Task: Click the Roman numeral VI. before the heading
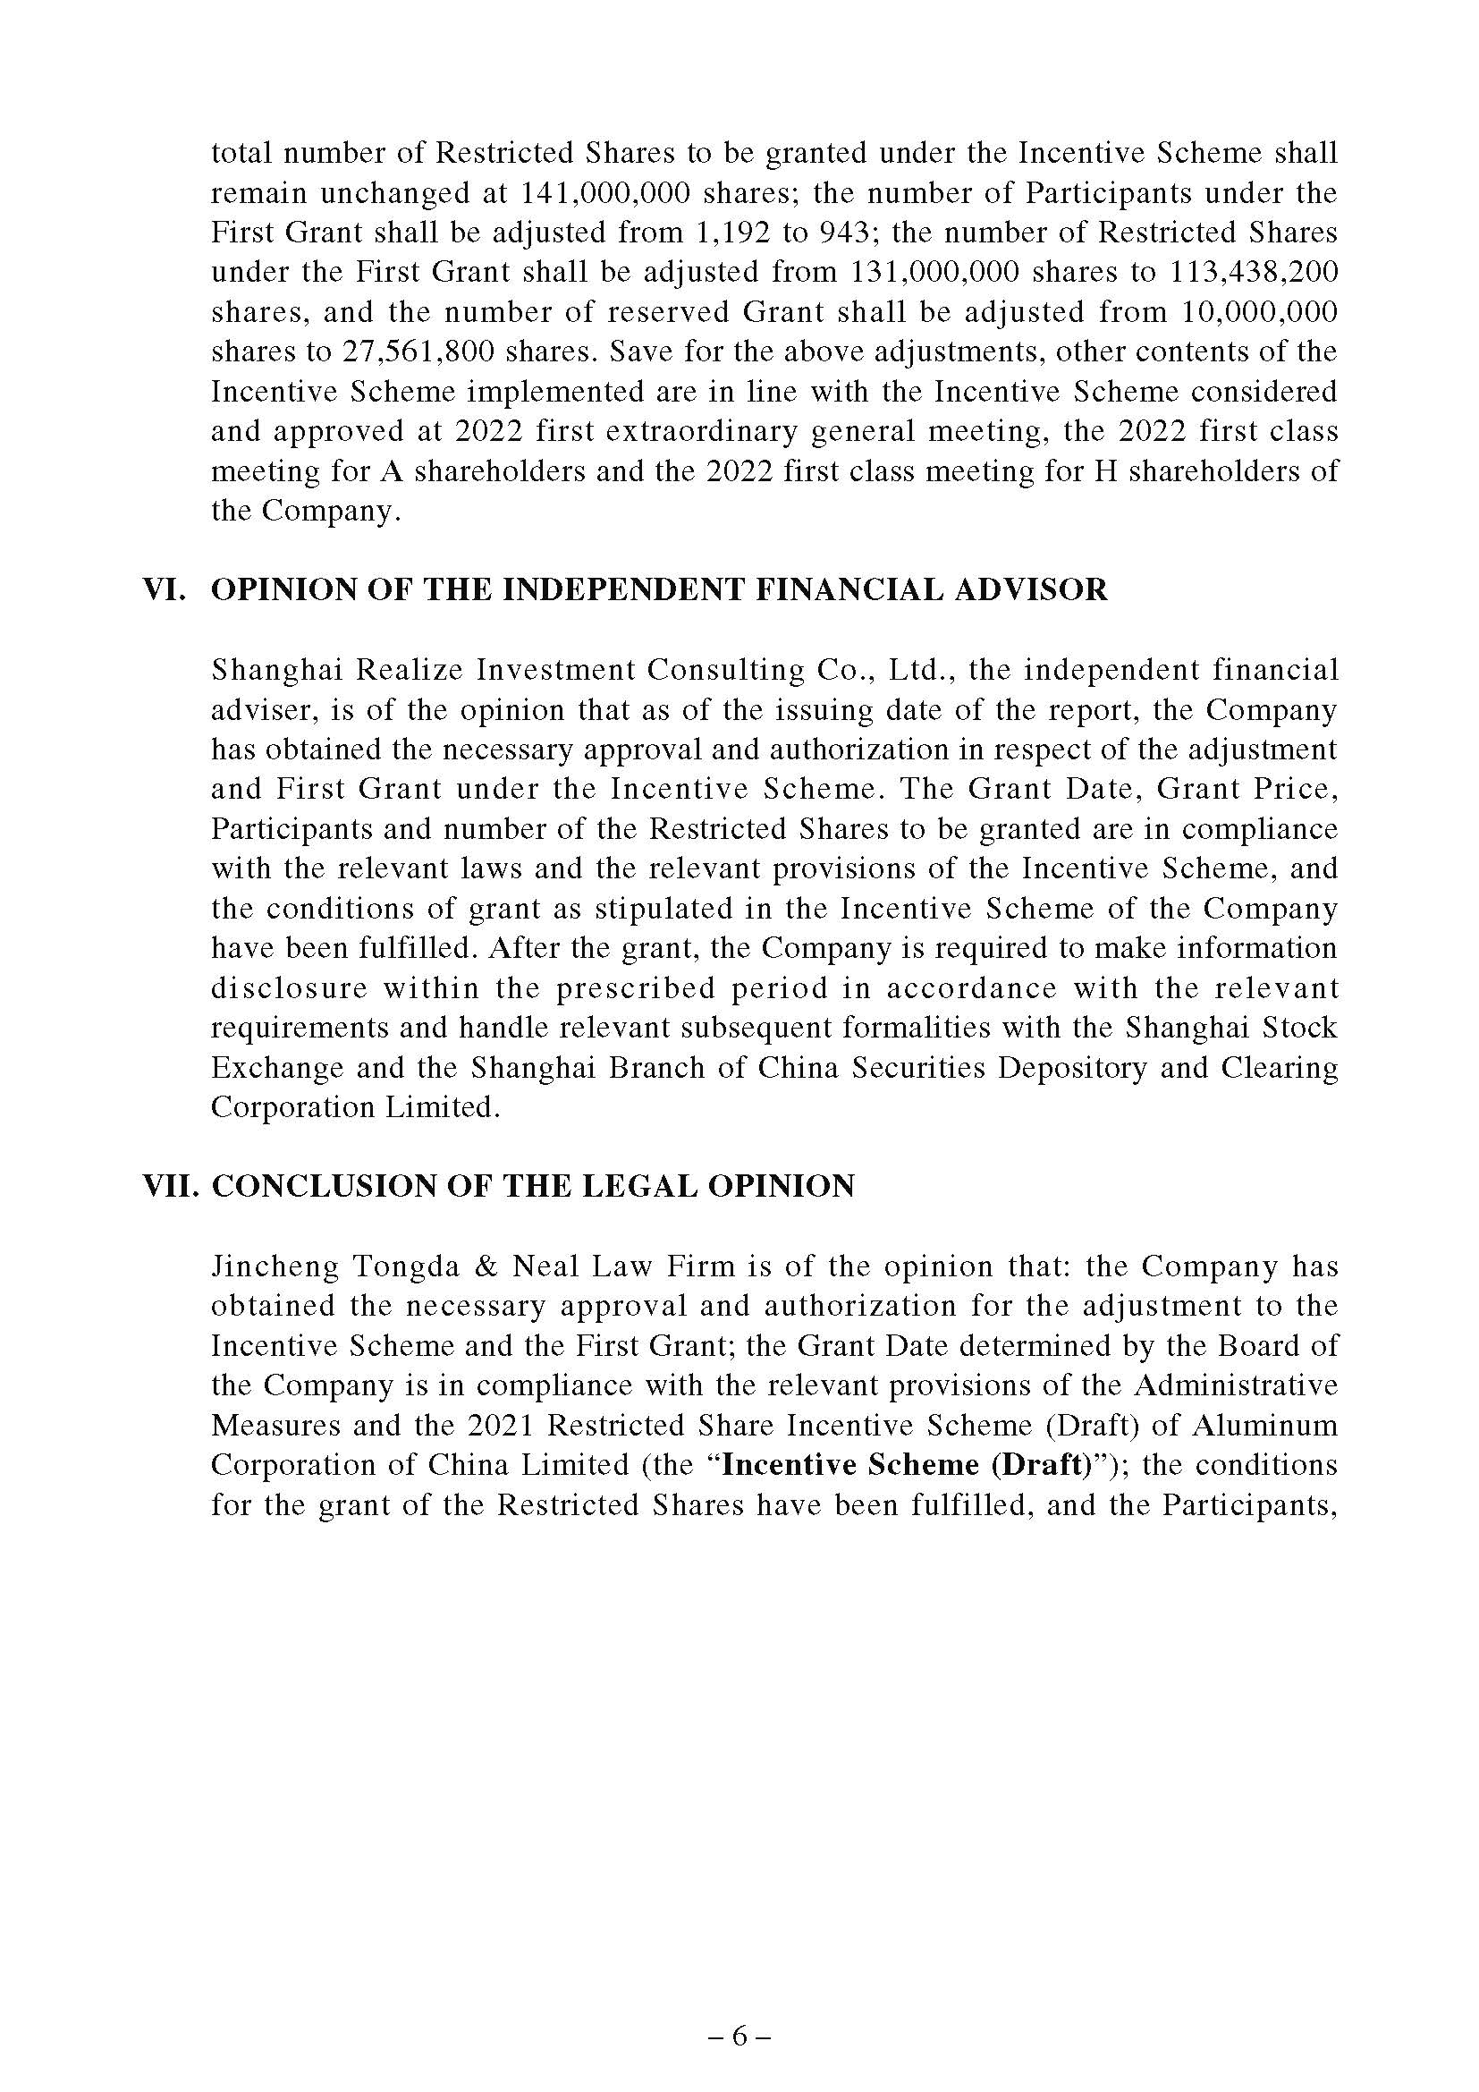click(x=165, y=589)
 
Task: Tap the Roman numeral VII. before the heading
click(x=171, y=1185)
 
